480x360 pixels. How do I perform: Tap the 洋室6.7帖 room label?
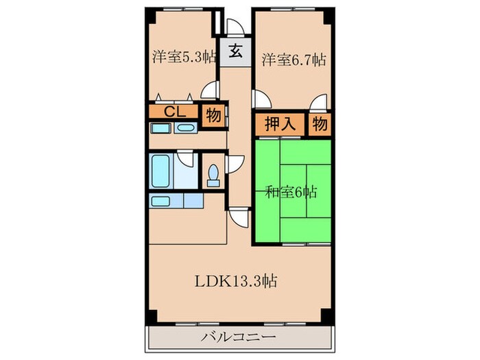(x=292, y=60)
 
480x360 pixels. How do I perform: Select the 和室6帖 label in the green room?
(x=291, y=192)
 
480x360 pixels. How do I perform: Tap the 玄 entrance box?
(x=235, y=51)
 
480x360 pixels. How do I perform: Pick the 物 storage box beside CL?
(x=213, y=115)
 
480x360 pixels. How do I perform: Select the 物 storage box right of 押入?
(x=319, y=125)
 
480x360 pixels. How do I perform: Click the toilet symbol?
(x=213, y=175)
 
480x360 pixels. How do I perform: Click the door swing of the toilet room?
(x=235, y=164)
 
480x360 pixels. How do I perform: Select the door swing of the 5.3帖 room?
(x=211, y=91)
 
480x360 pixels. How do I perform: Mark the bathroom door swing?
(x=186, y=160)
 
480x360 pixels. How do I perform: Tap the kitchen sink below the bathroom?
(x=161, y=201)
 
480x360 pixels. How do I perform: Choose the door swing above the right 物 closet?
(x=318, y=104)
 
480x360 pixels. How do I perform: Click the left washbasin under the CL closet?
(x=160, y=128)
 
